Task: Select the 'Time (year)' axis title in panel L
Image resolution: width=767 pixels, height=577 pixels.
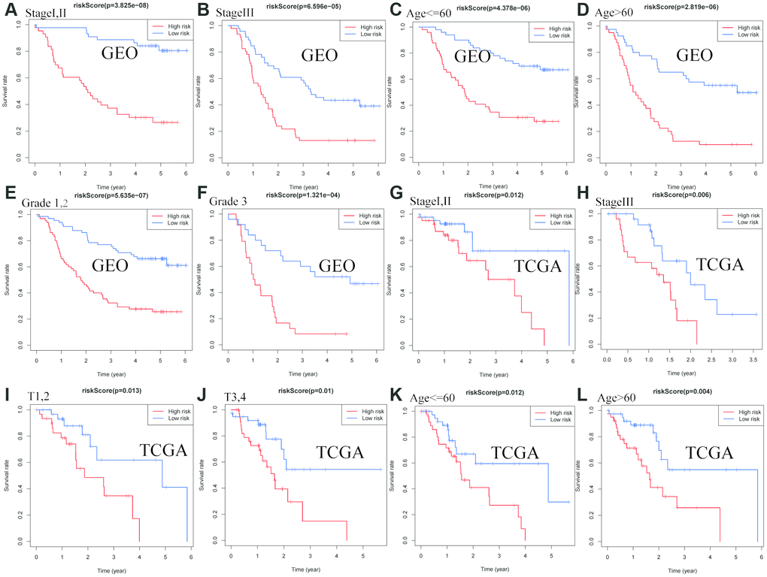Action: [x=674, y=570]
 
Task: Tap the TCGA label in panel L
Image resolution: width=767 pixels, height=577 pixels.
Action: [x=708, y=452]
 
